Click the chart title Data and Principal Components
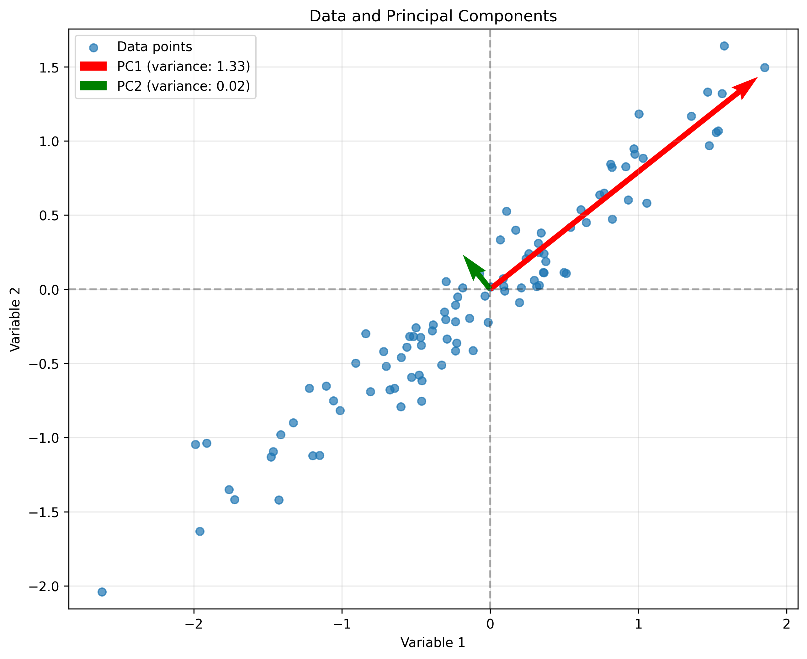coord(433,16)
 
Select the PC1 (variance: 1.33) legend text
coord(183,67)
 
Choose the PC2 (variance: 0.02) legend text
coord(183,86)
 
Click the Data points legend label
coord(154,47)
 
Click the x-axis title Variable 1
coord(433,643)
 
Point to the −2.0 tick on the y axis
coord(44,586)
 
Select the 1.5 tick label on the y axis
coord(49,67)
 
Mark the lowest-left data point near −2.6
coord(102,592)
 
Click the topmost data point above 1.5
coord(724,46)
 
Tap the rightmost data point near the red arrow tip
coord(765,67)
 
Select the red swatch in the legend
coord(93,67)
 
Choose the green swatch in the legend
coord(93,86)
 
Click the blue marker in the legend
coord(93,47)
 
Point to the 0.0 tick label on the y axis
coord(49,290)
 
